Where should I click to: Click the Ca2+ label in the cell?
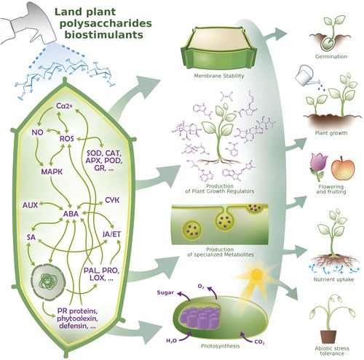click(64, 105)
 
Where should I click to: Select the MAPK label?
click(52, 172)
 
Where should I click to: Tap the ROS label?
click(67, 139)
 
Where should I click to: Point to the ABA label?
click(71, 214)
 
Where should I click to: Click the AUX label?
click(30, 205)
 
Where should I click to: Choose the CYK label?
click(112, 200)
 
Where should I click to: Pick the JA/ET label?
click(111, 234)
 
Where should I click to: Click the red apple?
click(343, 168)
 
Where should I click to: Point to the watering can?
click(306, 75)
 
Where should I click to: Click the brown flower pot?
click(328, 336)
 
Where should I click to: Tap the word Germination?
click(331, 57)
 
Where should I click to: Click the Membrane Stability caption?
click(219, 76)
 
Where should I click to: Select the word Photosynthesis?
click(220, 346)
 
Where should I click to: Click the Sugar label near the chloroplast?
click(165, 292)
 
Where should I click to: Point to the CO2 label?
click(260, 342)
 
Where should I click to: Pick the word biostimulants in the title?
click(103, 35)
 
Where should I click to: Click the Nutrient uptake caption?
click(333, 279)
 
